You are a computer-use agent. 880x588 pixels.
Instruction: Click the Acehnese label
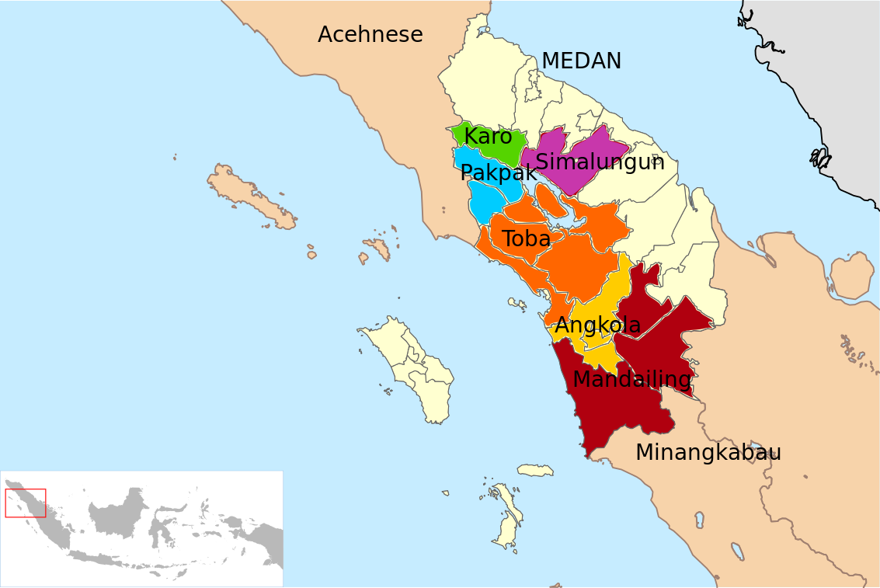tap(370, 35)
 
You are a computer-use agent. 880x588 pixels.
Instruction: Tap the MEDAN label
tap(581, 61)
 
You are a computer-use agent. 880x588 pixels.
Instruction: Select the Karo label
tap(488, 137)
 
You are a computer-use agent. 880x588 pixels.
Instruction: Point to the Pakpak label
tap(498, 172)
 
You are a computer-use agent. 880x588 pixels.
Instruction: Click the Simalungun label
tap(600, 162)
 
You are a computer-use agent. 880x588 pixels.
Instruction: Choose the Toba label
tap(526, 239)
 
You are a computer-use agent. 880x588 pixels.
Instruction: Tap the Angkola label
tap(597, 325)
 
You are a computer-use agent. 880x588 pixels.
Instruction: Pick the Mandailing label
tap(631, 379)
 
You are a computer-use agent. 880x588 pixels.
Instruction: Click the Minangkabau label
tap(708, 452)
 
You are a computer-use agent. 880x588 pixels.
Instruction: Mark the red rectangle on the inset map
tap(26, 503)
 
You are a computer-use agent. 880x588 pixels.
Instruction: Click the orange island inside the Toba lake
tap(551, 204)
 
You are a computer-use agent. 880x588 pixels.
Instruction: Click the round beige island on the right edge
tap(853, 276)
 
